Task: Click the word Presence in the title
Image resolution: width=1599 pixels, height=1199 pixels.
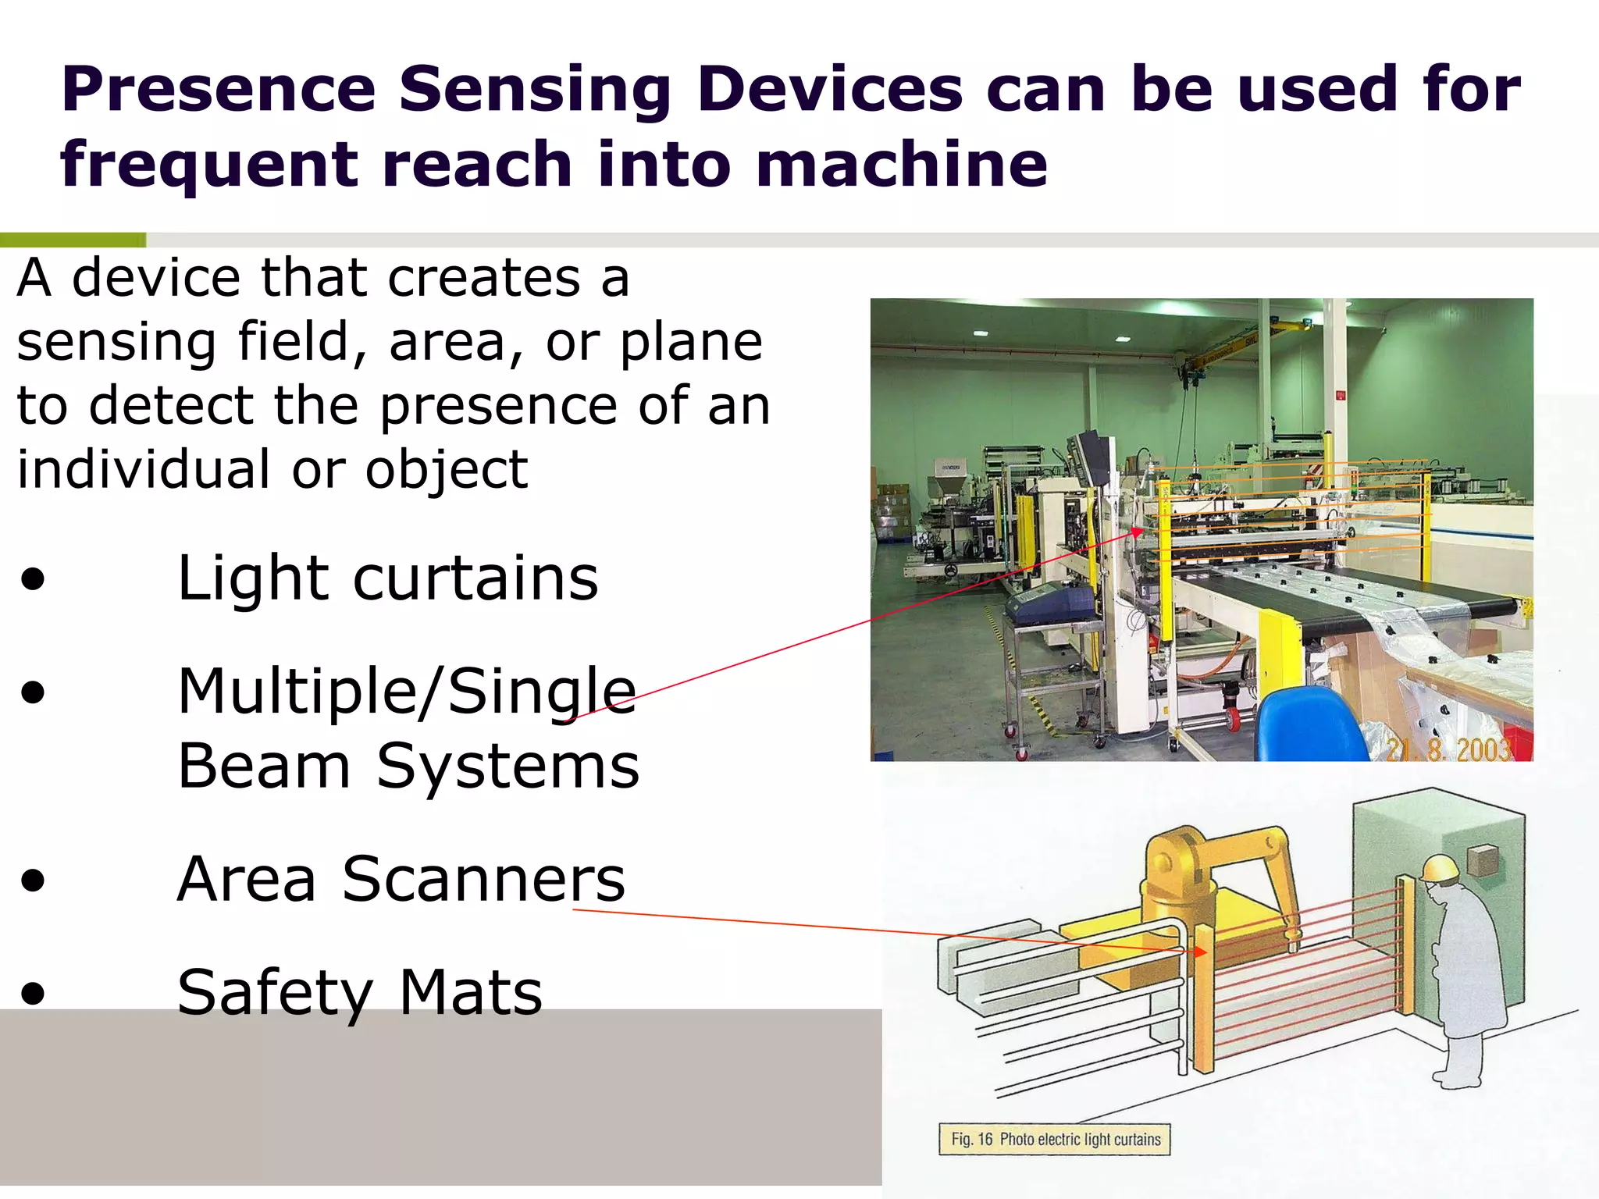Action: click(219, 90)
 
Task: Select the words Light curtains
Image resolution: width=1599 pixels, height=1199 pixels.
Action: click(387, 578)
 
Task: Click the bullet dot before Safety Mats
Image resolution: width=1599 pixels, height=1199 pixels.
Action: click(33, 994)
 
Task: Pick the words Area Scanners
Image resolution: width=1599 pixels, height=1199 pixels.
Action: click(401, 880)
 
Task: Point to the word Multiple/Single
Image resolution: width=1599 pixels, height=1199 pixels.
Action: click(406, 692)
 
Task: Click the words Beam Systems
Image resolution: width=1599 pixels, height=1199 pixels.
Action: click(408, 767)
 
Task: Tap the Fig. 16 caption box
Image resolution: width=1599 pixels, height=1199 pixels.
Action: click(1055, 1139)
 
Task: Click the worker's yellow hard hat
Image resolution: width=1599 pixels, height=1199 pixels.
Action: click(1438, 868)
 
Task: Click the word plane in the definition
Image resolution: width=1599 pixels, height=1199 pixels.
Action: click(691, 342)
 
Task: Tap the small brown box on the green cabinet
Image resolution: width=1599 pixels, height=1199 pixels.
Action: click(1482, 861)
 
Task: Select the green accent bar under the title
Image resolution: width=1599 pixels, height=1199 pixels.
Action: click(73, 240)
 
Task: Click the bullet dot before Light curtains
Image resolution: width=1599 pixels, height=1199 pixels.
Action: click(33, 580)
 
